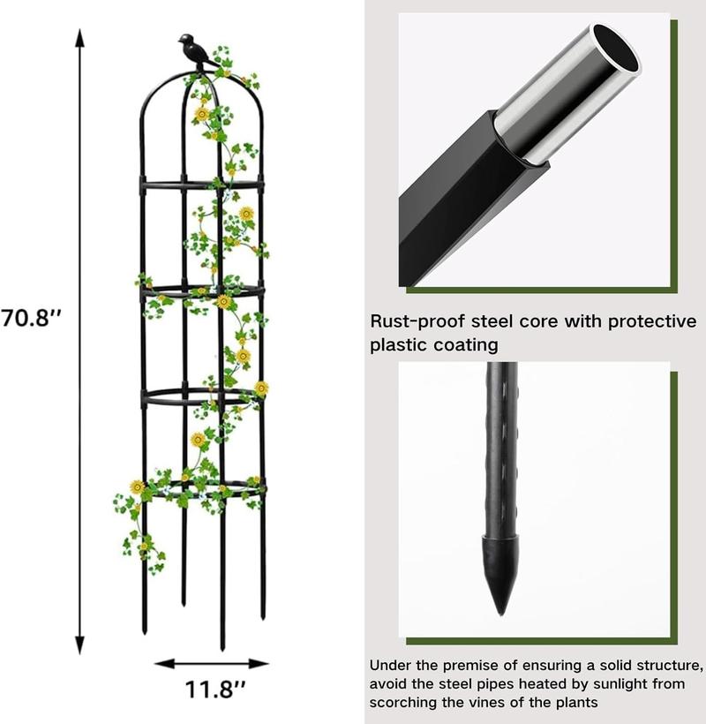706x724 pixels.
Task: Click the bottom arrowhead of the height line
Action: point(80,646)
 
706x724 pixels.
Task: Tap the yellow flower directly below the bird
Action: point(202,113)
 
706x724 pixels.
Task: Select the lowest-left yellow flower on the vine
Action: point(137,486)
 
